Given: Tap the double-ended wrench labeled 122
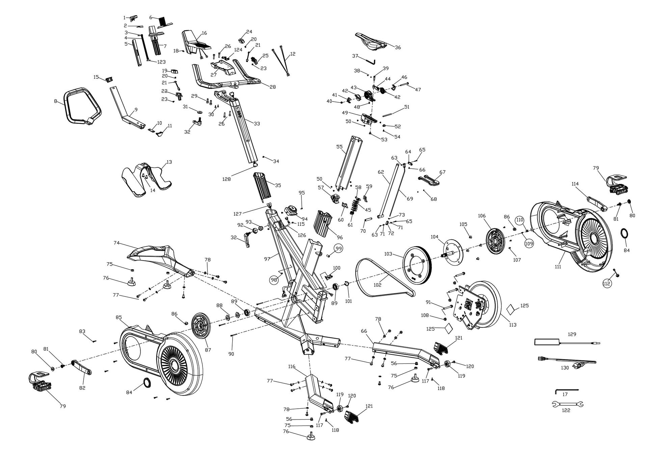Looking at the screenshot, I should pyautogui.click(x=567, y=404).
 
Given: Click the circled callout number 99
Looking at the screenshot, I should pyautogui.click(x=339, y=248).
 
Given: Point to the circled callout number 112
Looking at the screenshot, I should pyautogui.click(x=607, y=284).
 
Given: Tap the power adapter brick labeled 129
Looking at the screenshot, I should pyautogui.click(x=547, y=342).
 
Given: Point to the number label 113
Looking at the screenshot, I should pyautogui.click(x=513, y=325).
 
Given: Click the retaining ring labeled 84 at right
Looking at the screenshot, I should pyautogui.click(x=625, y=233).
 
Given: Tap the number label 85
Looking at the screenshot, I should pyautogui.click(x=118, y=317).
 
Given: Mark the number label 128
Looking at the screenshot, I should pyautogui.click(x=226, y=179).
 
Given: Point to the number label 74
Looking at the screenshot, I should pyautogui.click(x=117, y=243).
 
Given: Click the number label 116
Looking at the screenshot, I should pyautogui.click(x=292, y=366).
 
